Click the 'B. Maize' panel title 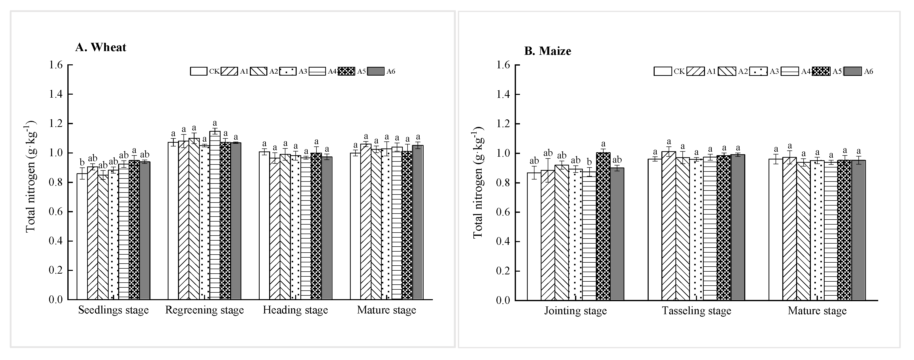pyautogui.click(x=547, y=51)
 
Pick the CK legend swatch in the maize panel pyautogui.click(x=662, y=71)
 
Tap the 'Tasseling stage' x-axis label pyautogui.click(x=696, y=311)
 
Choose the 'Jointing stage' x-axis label pyautogui.click(x=576, y=311)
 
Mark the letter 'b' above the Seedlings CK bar pyautogui.click(x=82, y=162)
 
